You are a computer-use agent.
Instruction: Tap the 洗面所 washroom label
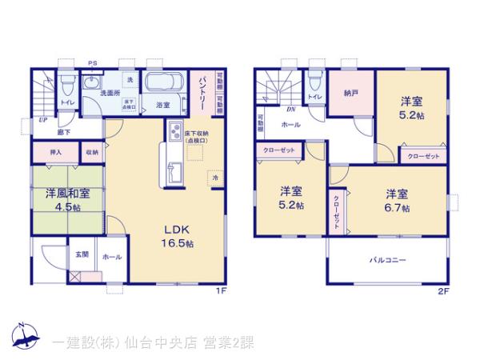(110, 94)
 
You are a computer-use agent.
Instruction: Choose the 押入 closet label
(56, 152)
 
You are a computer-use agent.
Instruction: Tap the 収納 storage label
(91, 152)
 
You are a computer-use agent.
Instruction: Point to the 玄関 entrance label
(82, 254)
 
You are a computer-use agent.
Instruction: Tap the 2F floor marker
(442, 291)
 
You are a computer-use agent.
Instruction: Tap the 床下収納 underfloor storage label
(196, 137)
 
